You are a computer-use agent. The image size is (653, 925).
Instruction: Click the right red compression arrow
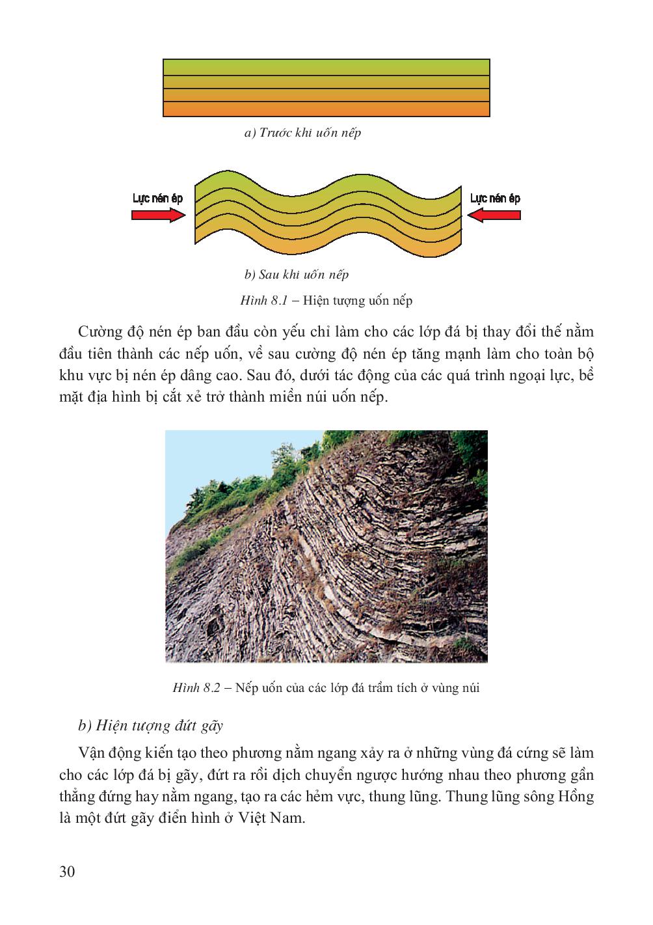click(x=494, y=215)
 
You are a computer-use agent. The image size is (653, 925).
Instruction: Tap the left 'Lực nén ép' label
click(x=157, y=198)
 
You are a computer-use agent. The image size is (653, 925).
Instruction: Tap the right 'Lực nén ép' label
click(x=495, y=198)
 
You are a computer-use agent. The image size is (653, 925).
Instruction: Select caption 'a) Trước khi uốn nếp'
click(x=302, y=133)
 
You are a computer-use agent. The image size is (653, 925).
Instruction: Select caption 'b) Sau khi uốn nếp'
click(x=297, y=274)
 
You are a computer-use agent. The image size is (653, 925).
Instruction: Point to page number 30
click(x=67, y=872)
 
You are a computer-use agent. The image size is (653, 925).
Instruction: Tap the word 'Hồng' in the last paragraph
click(x=575, y=796)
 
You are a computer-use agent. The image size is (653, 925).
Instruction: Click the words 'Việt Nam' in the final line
click(x=276, y=818)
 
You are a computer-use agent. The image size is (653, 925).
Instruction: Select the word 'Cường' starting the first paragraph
click(x=98, y=332)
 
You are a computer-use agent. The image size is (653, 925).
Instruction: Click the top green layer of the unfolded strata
click(x=325, y=67)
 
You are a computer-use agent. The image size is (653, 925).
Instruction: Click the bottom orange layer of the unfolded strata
click(x=325, y=109)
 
